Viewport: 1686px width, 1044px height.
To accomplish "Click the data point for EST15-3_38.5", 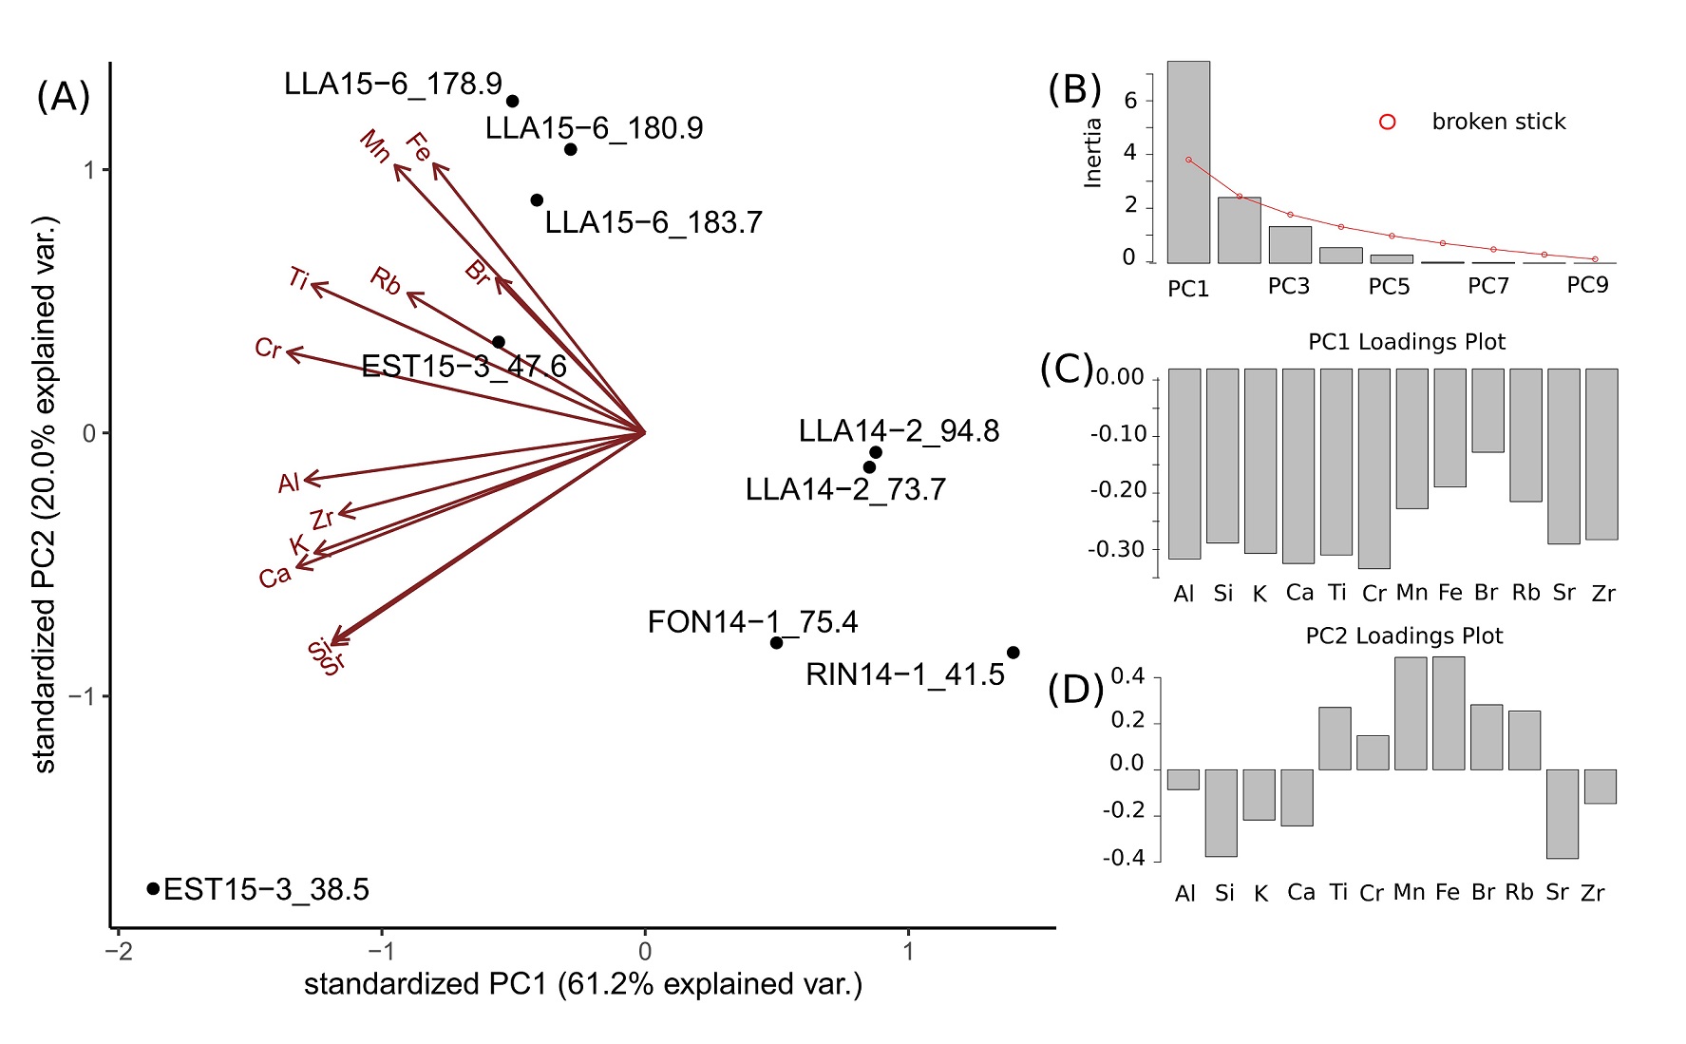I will (x=153, y=888).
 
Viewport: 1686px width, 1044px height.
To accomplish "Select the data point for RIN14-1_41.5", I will (x=1013, y=653).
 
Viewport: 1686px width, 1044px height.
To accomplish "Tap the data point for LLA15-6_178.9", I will (x=512, y=101).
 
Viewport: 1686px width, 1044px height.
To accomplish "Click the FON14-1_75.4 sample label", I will (x=752, y=622).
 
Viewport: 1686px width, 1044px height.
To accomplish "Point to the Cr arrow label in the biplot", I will (x=268, y=349).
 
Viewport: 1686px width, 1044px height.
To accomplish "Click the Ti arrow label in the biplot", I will (x=298, y=278).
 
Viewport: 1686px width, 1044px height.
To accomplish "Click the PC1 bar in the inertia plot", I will (x=1188, y=162).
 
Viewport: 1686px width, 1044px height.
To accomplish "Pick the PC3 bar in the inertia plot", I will (x=1290, y=245).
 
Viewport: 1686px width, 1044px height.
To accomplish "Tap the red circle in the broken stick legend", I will (x=1387, y=122).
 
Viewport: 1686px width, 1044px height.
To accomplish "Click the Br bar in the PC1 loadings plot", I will (x=1487, y=410).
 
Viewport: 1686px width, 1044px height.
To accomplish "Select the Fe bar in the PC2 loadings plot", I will (x=1449, y=712).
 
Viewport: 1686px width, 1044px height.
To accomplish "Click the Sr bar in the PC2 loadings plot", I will (x=1562, y=813).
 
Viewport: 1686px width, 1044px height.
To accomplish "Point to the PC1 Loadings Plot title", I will (x=1407, y=342).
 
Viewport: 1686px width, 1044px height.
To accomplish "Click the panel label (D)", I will (x=1075, y=689).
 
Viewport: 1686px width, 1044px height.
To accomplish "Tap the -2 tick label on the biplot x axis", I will (x=119, y=951).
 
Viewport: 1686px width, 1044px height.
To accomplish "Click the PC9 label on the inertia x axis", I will (x=1587, y=285).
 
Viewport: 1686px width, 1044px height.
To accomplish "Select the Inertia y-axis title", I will (x=1093, y=152).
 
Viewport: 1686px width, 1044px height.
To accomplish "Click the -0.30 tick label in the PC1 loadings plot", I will (x=1116, y=549).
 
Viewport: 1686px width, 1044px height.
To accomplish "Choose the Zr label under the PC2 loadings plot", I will (x=1593, y=893).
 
